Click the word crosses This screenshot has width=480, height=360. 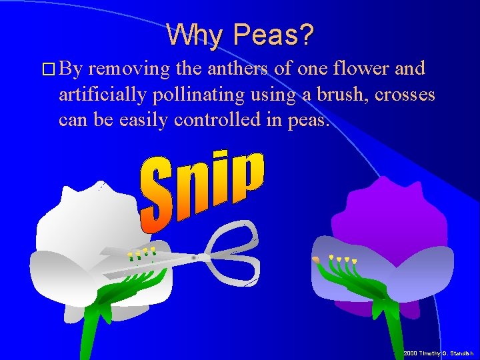(x=405, y=95)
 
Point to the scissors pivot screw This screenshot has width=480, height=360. (x=194, y=257)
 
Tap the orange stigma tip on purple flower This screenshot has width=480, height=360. (x=315, y=259)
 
